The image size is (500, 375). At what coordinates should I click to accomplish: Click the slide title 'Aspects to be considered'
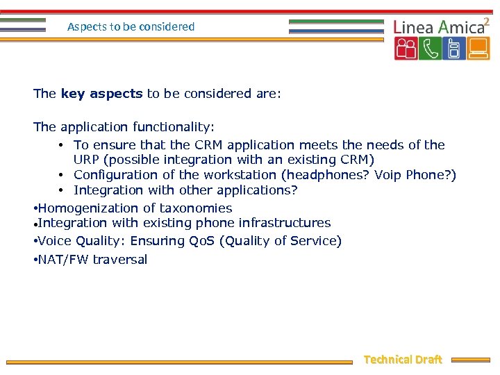[131, 27]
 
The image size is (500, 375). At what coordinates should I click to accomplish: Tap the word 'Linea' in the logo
[413, 27]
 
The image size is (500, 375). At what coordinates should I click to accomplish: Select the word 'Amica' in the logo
[460, 27]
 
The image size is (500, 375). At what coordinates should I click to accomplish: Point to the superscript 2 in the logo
[487, 21]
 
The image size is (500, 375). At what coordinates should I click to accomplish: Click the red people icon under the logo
[406, 49]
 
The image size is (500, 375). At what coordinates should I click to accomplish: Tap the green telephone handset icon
[430, 49]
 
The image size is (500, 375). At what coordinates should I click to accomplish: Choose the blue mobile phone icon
[453, 49]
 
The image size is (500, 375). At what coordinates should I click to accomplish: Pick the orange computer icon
[478, 49]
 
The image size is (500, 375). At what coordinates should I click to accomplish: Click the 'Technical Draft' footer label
[403, 360]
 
